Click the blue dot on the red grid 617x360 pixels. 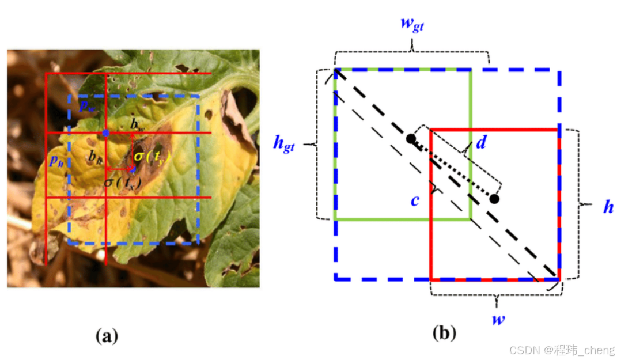[x=105, y=133]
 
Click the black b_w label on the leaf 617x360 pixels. [x=137, y=124]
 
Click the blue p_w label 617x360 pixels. [x=86, y=105]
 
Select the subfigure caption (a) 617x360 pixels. [x=107, y=335]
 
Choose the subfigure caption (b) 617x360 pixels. [x=444, y=333]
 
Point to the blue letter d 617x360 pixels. [x=481, y=142]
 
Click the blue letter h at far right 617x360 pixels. [x=608, y=207]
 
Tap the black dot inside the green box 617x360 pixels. [x=410, y=139]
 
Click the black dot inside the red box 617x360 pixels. [x=494, y=199]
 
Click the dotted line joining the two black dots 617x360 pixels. [x=452, y=169]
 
